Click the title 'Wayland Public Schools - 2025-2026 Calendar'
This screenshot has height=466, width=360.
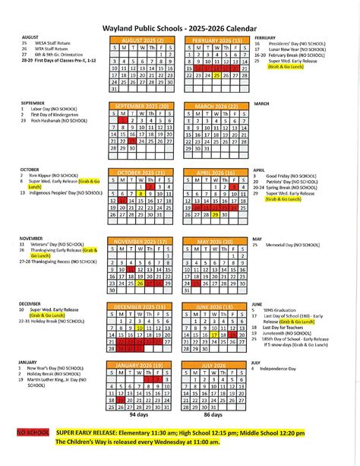click(x=180, y=25)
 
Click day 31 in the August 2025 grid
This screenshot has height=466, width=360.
click(x=114, y=88)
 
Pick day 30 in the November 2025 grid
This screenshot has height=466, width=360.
click(x=114, y=290)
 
